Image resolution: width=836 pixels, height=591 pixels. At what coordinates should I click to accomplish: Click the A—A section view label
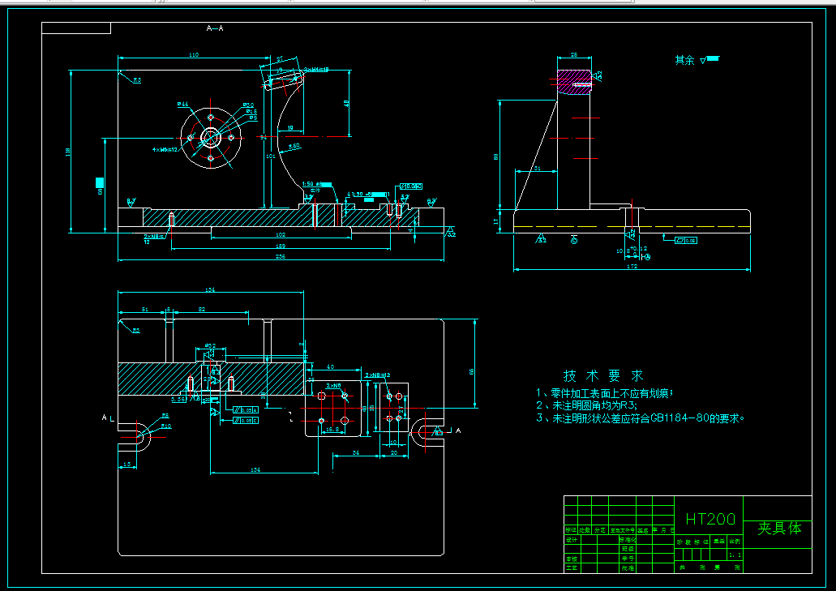point(215,28)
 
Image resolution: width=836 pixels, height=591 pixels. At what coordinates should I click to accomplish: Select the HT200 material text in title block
point(710,520)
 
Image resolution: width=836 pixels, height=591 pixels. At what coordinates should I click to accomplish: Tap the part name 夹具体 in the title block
point(778,529)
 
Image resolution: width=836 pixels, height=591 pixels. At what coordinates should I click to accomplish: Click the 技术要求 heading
point(603,376)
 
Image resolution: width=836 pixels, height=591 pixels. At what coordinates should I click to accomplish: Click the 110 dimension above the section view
point(193,54)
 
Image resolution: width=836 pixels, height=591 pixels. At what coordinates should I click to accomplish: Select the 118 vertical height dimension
point(68,151)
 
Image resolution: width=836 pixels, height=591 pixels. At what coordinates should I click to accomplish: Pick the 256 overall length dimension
point(280,257)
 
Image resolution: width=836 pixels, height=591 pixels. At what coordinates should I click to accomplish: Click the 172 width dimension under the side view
point(632,266)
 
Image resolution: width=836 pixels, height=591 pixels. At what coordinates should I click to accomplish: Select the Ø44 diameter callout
point(183,105)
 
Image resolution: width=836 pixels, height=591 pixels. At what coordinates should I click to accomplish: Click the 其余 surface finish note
point(684,60)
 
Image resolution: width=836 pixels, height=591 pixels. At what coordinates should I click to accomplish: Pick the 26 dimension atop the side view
point(573,54)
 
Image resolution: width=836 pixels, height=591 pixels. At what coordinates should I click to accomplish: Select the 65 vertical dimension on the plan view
point(472,371)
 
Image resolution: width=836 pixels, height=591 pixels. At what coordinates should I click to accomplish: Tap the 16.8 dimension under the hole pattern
point(332,430)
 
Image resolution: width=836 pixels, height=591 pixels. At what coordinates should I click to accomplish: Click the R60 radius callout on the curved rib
point(294,146)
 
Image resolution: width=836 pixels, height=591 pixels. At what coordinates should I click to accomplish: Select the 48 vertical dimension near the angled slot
point(347,103)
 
